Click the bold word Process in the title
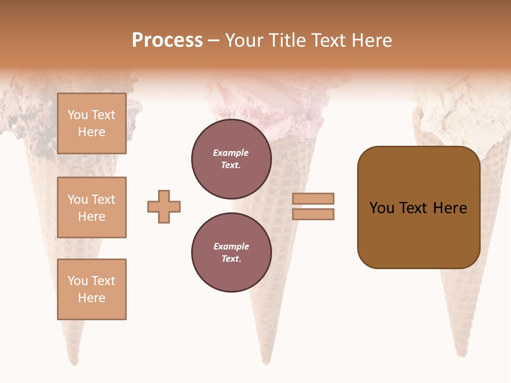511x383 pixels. coord(167,40)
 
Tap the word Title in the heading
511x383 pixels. coord(286,40)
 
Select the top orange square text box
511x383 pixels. coord(92,123)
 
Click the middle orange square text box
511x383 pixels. coord(92,207)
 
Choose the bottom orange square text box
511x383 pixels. coord(92,289)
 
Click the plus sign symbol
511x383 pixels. coord(164,206)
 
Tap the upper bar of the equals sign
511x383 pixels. coord(314,198)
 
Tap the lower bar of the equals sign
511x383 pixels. coord(314,214)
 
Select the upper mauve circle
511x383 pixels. coord(231,159)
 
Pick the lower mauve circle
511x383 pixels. coord(231,252)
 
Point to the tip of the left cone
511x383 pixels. coord(75,363)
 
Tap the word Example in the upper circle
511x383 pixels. coord(230,153)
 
